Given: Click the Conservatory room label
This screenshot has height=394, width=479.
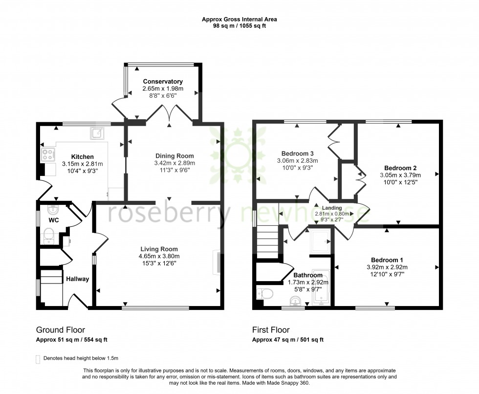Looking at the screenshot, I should pos(163,81).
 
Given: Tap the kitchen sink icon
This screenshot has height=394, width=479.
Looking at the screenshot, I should pos(97,132).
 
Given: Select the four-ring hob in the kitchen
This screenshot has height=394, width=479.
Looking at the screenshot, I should pos(48,154).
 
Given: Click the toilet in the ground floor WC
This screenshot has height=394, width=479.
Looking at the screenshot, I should pos(49,238).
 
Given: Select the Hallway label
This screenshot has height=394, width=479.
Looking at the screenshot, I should pos(78,279).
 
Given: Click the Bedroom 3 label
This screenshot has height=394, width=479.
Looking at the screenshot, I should pos(297,152).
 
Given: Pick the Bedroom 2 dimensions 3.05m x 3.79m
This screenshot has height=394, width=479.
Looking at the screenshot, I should pos(400,175).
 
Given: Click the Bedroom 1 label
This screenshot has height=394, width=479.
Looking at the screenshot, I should pos(387,260).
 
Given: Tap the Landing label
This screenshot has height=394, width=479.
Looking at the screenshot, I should pos(332,207).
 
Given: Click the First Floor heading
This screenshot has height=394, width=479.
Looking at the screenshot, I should pos(271,330).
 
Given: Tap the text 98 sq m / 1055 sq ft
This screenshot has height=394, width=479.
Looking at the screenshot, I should pos(239,27).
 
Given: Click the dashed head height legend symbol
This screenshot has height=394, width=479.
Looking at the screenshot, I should pos(39,358).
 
